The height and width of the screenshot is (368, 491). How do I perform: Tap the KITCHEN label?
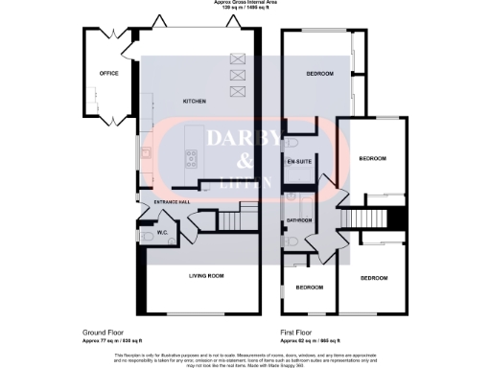point(196,101)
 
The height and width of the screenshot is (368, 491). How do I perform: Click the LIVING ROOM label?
point(203,276)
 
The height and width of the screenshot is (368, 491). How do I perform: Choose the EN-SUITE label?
point(296,161)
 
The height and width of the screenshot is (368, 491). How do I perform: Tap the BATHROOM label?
point(297,220)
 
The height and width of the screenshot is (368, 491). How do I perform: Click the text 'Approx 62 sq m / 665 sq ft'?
point(308,340)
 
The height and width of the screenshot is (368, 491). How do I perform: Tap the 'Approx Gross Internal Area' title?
point(245,3)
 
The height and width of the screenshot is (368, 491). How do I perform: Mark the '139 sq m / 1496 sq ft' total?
point(245,9)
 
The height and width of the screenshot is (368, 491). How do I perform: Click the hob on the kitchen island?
point(189,159)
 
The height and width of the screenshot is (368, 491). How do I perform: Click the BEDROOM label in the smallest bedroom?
point(308,287)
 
